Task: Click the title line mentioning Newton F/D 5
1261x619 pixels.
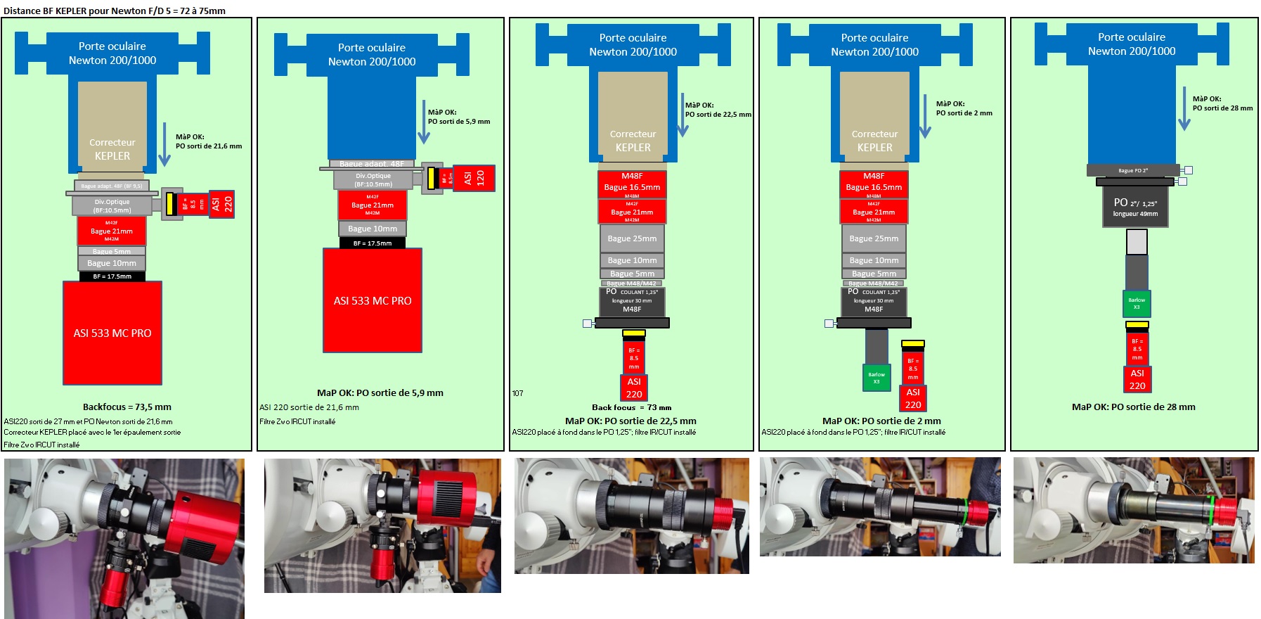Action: (115, 11)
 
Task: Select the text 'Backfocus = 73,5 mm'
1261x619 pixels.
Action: (127, 407)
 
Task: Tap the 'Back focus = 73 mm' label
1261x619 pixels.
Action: (631, 407)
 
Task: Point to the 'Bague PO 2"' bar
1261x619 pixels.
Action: (1133, 170)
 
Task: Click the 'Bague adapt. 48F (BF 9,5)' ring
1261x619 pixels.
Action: (111, 186)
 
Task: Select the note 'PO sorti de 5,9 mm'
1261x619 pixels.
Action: (459, 121)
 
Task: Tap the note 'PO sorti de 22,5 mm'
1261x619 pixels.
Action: (718, 114)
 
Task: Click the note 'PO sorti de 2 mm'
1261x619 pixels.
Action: (964, 113)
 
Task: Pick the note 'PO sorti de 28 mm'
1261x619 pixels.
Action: (1222, 108)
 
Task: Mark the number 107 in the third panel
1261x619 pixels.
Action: (517, 393)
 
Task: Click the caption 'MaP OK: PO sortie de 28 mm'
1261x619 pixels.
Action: (1133, 407)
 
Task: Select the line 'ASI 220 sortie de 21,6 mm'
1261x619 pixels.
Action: (309, 407)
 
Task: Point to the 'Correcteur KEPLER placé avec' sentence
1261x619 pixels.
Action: (92, 433)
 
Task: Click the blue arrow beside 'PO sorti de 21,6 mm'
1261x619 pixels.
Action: (164, 145)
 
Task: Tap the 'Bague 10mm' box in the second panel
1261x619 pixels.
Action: (373, 229)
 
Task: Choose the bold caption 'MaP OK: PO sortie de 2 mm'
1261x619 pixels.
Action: (881, 421)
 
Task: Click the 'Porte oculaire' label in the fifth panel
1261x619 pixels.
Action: (1131, 37)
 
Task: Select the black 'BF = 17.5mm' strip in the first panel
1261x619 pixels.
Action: (112, 276)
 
